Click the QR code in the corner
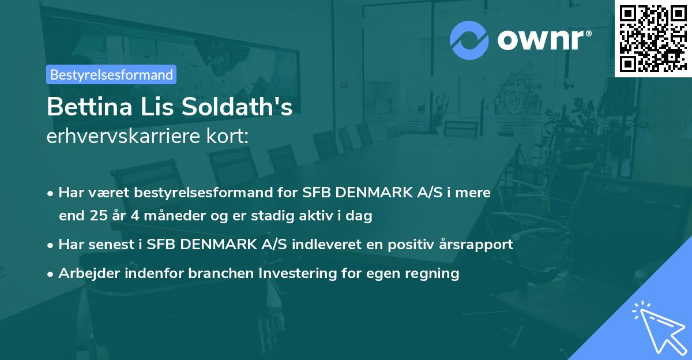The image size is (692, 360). pyautogui.click(x=652, y=38)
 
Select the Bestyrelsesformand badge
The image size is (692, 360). pyautogui.click(x=111, y=74)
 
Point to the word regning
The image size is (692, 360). pyautogui.click(x=432, y=273)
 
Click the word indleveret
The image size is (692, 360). pyautogui.click(x=324, y=244)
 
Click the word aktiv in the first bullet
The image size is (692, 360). pyautogui.click(x=336, y=216)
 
